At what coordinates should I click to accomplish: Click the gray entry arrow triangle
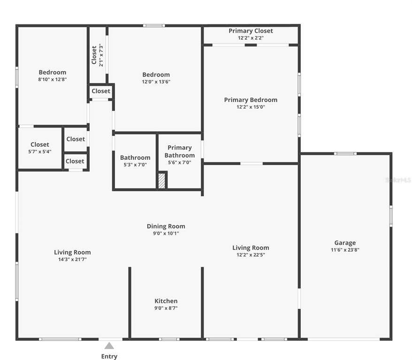(109, 346)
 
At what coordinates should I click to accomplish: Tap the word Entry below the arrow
(109, 356)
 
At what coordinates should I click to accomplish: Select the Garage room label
(345, 243)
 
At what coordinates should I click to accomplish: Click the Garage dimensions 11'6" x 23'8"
(345, 250)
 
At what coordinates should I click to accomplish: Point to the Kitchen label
(166, 301)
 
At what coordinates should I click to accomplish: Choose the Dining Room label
(166, 226)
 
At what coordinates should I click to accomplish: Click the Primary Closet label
(251, 31)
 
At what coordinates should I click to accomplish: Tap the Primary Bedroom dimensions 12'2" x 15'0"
(251, 107)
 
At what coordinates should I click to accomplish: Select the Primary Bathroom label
(180, 151)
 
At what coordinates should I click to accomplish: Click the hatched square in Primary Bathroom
(162, 181)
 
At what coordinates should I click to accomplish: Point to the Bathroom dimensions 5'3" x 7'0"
(135, 165)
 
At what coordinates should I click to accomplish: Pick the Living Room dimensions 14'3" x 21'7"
(72, 259)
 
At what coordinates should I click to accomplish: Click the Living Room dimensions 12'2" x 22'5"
(251, 255)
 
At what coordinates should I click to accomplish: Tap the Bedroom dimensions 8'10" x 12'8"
(52, 79)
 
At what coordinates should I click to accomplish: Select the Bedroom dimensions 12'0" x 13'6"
(156, 82)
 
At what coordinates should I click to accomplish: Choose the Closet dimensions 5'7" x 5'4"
(40, 151)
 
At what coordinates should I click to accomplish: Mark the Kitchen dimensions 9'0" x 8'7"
(166, 308)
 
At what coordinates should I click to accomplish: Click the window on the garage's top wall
(345, 153)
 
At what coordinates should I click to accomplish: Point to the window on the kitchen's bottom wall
(169, 339)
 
